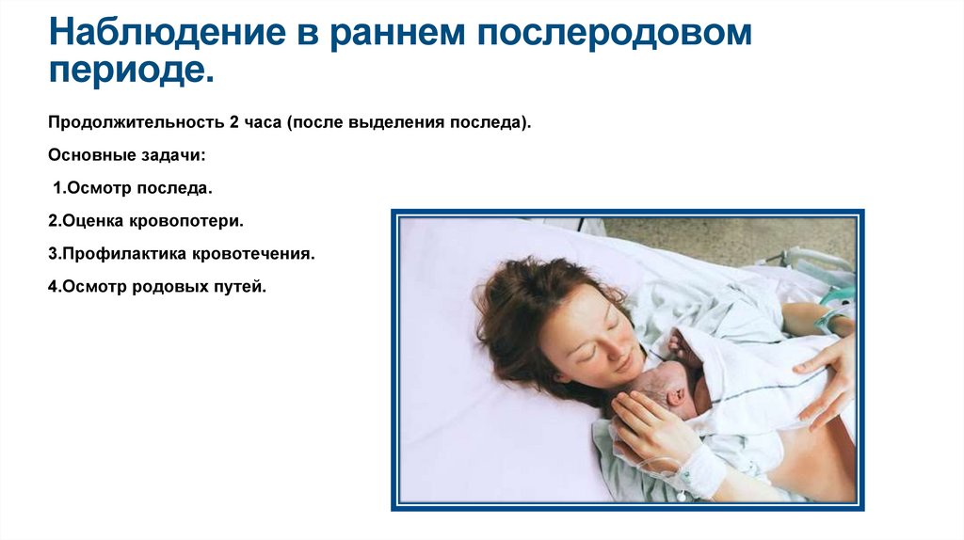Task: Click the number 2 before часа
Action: (x=231, y=123)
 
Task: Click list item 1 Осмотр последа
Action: (x=132, y=188)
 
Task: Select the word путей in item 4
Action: (x=243, y=287)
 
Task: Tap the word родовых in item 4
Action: (x=177, y=287)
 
